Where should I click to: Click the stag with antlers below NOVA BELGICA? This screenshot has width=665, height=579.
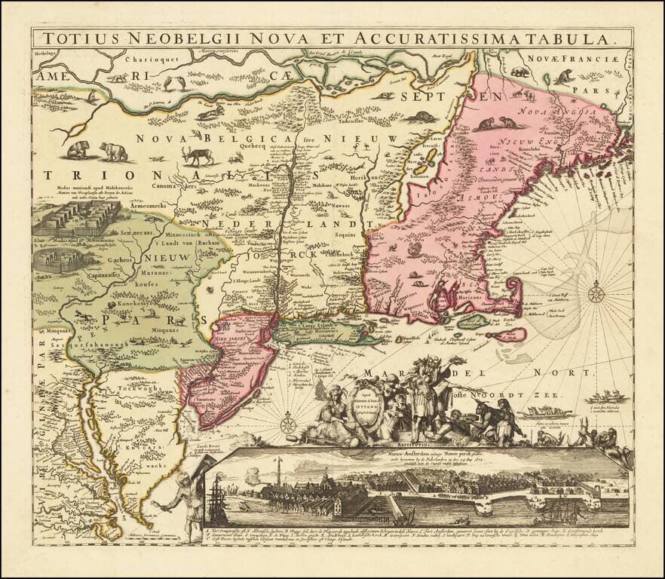(x=200, y=156)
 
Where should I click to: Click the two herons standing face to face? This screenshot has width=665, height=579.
(x=173, y=82)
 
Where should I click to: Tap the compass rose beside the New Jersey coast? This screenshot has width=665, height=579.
(x=288, y=424)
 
